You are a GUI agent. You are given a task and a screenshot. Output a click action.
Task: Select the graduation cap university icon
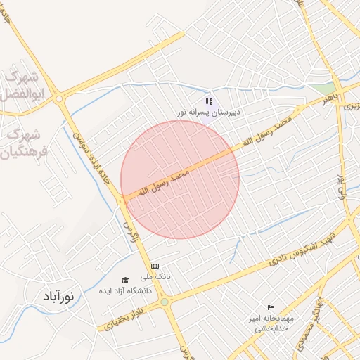(x=125, y=280)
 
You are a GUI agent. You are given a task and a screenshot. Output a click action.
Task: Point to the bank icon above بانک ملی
(x=155, y=266)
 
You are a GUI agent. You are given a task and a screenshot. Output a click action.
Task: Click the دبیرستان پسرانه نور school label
(x=209, y=112)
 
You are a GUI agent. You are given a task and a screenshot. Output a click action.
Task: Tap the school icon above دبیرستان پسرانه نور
(x=209, y=102)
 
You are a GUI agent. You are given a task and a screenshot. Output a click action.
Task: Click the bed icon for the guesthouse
(x=271, y=308)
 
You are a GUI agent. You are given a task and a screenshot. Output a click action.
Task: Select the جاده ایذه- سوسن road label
(x=91, y=141)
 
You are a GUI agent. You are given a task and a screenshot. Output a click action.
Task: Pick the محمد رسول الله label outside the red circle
(x=264, y=131)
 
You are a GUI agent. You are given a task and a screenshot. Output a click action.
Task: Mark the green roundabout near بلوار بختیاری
(x=165, y=302)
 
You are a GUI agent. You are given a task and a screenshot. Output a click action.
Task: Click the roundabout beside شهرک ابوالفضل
(x=60, y=99)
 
